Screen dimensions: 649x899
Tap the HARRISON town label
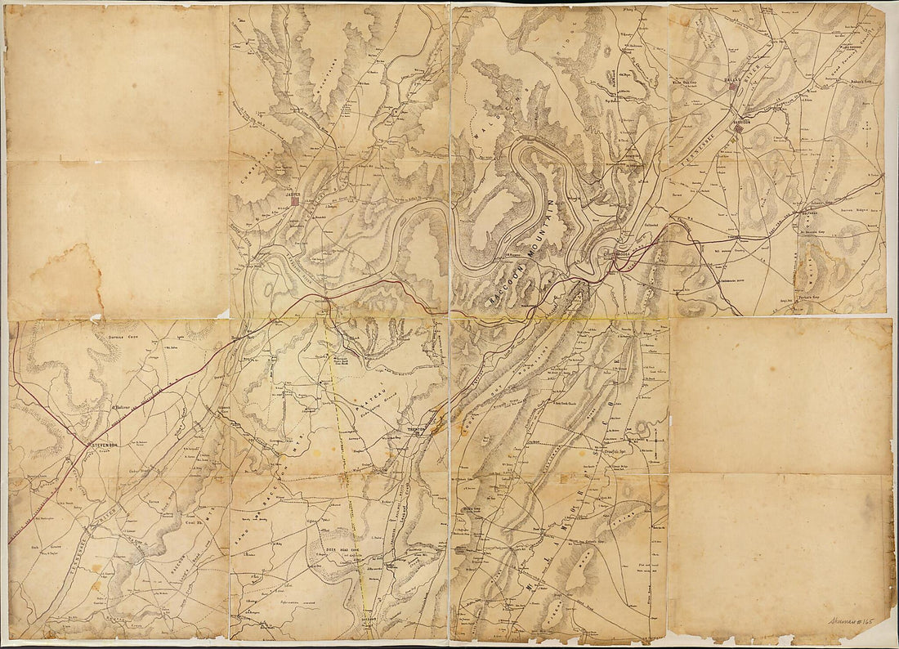tap(741, 122)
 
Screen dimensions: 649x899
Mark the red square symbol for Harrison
tap(738, 128)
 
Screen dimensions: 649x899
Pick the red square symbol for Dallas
tap(735, 85)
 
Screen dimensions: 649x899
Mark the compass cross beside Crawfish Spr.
tap(655, 445)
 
